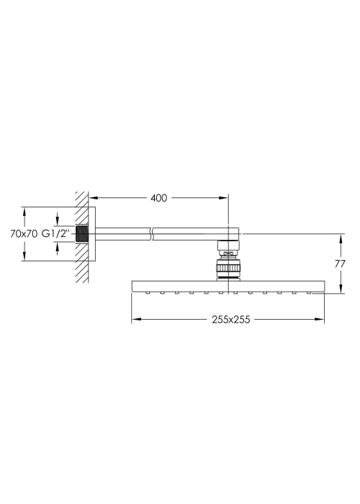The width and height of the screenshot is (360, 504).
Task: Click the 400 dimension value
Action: pyautogui.click(x=159, y=198)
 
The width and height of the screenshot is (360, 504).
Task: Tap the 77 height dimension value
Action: pyautogui.click(x=340, y=264)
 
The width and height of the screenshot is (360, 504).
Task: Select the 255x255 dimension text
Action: pyautogui.click(x=231, y=320)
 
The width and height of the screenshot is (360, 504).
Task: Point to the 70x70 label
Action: pyautogui.click(x=24, y=234)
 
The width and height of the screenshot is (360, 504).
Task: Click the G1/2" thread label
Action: pyautogui.click(x=55, y=234)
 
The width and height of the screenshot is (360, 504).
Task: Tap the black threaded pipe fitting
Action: pyautogui.click(x=82, y=234)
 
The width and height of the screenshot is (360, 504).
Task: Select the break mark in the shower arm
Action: pyautogui.click(x=152, y=234)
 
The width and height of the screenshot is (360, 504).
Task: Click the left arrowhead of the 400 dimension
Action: pyautogui.click(x=93, y=198)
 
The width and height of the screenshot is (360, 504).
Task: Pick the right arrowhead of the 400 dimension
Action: pyautogui.click(x=224, y=198)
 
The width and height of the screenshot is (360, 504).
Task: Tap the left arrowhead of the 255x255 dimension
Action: pyautogui.click(x=136, y=319)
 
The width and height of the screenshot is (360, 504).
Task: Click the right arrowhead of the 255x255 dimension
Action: pyautogui.click(x=320, y=319)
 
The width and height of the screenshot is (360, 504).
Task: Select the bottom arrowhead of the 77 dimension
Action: pyautogui.click(x=341, y=288)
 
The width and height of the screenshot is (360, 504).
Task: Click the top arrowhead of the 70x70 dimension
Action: pyautogui.click(x=24, y=212)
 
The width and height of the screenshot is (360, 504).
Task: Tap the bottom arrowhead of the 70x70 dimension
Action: pyautogui.click(x=24, y=256)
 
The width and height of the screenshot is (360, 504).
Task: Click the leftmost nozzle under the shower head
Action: pyautogui.click(x=148, y=293)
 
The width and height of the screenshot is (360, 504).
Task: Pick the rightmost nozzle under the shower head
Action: pyautogui.click(x=309, y=293)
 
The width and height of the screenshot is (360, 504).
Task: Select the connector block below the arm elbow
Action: pyautogui.click(x=228, y=246)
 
